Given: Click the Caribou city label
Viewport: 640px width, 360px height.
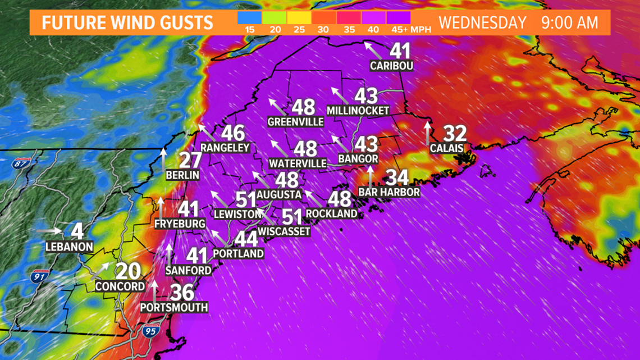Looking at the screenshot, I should tap(392, 66).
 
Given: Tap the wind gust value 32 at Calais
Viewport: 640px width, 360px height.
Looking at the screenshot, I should tap(455, 134).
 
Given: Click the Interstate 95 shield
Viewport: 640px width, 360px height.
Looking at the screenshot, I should tap(150, 330).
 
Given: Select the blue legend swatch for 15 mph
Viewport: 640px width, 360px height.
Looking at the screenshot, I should tap(249, 17).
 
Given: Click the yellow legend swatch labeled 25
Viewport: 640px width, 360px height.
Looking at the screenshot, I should tap(299, 17).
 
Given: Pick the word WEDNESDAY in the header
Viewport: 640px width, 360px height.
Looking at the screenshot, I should tap(482, 23).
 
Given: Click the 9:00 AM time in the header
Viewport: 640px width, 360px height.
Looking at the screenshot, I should tap(570, 23).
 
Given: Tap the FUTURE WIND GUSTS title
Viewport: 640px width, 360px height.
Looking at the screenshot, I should tap(127, 23).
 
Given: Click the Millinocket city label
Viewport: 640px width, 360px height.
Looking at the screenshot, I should tap(357, 110).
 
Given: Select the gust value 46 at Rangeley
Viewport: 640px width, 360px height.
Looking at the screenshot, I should tap(232, 133).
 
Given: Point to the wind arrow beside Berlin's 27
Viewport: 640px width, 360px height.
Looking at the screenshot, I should tap(164, 160).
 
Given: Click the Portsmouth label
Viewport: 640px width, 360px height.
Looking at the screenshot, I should tap(174, 307).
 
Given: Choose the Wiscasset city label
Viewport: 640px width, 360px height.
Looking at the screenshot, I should tap(284, 230).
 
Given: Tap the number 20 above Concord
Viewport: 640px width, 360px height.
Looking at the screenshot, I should tap(127, 271).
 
